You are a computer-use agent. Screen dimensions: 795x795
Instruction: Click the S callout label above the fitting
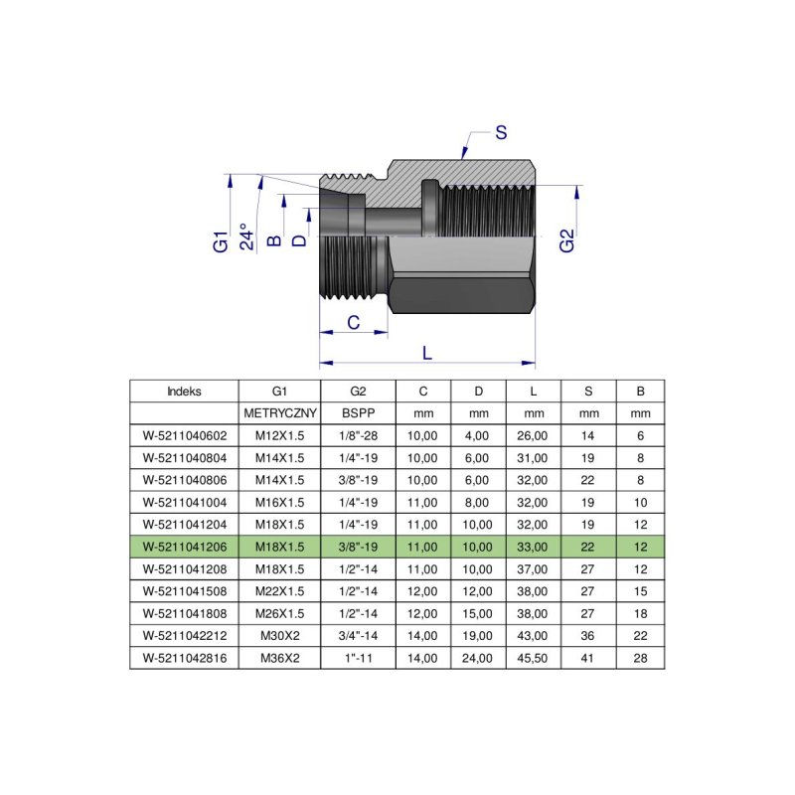pyautogui.click(x=501, y=132)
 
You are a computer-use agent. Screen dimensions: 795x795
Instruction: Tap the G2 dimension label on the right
pyautogui.click(x=566, y=240)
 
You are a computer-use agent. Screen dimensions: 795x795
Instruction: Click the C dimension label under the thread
pyautogui.click(x=352, y=321)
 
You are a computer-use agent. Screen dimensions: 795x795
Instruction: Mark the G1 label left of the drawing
pyautogui.click(x=221, y=240)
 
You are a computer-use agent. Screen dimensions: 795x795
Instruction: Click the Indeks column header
pyautogui.click(x=184, y=391)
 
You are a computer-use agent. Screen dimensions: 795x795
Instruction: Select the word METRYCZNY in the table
pyautogui.click(x=279, y=412)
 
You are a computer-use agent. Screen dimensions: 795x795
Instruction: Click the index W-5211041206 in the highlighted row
pyautogui.click(x=184, y=546)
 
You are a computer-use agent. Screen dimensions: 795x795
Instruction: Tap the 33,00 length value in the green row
pyautogui.click(x=533, y=546)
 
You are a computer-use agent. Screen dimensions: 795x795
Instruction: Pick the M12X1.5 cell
pyautogui.click(x=279, y=434)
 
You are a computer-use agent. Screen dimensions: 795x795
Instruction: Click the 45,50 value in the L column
pyautogui.click(x=533, y=657)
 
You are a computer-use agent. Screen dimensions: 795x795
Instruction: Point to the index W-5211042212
pyautogui.click(x=184, y=635)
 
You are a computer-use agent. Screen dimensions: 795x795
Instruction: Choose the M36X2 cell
pyautogui.click(x=279, y=657)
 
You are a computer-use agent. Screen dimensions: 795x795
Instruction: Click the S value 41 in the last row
pyautogui.click(x=588, y=657)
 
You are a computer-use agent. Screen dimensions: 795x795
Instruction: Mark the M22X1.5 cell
pyautogui.click(x=279, y=590)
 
